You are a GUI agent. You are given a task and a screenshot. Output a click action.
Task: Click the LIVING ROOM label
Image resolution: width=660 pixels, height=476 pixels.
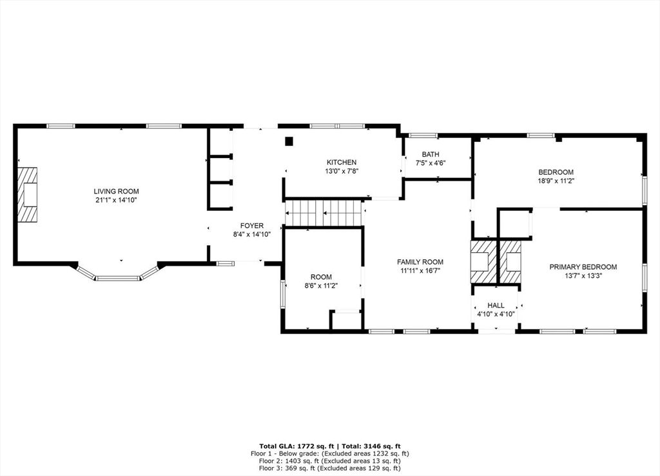pos(116,192)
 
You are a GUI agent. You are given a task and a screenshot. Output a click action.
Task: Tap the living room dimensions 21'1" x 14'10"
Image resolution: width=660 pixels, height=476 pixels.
pos(116,201)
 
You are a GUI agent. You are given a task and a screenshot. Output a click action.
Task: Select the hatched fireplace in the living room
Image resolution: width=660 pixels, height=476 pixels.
pos(27,195)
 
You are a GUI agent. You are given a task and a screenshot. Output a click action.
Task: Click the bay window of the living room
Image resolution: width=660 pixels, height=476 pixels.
pos(118,276)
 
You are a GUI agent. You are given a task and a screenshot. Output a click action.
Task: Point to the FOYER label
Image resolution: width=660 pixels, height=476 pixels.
pos(251,226)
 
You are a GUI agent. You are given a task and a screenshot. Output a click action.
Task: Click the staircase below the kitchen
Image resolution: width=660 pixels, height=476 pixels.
pos(324,213)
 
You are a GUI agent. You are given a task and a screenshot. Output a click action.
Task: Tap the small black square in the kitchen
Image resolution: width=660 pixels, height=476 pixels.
pos(289,141)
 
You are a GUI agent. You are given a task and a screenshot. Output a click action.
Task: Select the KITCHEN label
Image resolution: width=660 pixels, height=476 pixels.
pos(341,163)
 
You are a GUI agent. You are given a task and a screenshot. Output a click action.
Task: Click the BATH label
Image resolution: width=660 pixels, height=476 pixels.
pos(431,155)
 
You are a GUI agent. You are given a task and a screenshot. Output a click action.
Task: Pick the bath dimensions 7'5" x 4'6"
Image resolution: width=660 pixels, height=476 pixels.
pos(431,163)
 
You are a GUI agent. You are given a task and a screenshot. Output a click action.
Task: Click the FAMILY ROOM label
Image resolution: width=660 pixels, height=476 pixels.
pos(420,262)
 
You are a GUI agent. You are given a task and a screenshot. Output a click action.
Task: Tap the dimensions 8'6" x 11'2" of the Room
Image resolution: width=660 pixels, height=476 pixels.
pos(321,286)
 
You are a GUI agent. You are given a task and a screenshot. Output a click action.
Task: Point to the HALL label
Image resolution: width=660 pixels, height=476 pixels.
pos(496,306)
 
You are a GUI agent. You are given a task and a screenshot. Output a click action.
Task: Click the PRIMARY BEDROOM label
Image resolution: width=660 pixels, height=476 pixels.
pos(583,267)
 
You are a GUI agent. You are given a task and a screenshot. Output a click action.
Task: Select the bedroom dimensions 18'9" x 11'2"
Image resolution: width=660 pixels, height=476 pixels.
pos(556,181)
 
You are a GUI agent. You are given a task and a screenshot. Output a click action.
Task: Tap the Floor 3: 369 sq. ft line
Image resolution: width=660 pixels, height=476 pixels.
pos(329,468)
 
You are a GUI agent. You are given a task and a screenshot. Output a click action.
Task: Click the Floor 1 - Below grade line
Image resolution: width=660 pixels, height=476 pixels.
pos(329,453)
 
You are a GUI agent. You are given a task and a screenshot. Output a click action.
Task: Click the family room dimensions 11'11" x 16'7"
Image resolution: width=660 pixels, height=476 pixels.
pos(420,271)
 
